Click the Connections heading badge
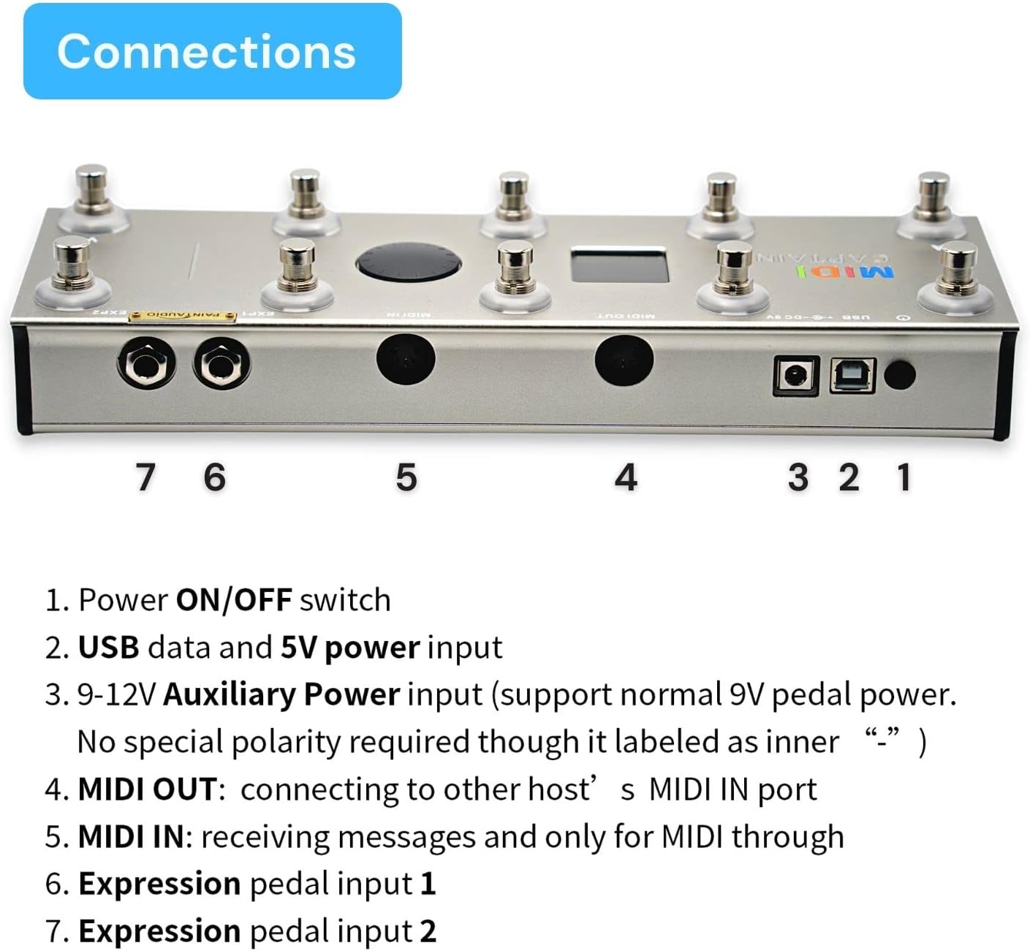point(212,51)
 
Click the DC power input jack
point(795,376)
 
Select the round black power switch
point(900,375)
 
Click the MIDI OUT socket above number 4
point(624,360)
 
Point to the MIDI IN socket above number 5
point(406,360)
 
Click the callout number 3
point(798,477)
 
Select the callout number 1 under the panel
point(904,477)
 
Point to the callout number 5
point(406,477)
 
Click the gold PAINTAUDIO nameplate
point(182,315)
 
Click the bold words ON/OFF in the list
point(234,600)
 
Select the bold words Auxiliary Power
point(281,694)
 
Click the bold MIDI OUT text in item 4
point(147,789)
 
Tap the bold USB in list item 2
point(108,648)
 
